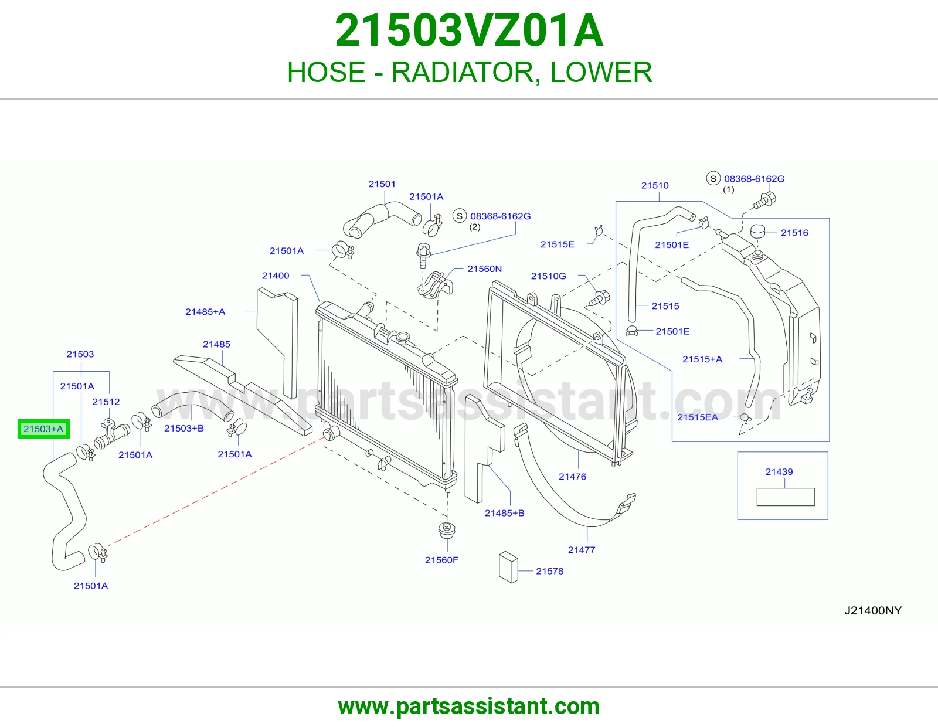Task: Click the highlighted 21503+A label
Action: point(43,429)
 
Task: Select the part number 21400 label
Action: point(276,276)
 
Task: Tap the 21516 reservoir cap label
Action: point(794,233)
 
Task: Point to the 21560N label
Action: point(484,269)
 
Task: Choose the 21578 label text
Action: point(549,571)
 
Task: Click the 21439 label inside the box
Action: point(779,472)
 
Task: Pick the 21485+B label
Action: point(504,513)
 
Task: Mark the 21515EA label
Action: point(698,417)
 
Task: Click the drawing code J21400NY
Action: point(873,610)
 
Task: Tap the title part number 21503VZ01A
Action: point(469,30)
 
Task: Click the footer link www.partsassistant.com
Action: point(469,706)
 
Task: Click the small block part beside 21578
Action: point(508,568)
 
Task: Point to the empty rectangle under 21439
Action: point(785,497)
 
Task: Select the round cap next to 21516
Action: point(757,231)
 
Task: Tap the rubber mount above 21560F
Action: point(447,530)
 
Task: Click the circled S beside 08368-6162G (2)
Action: point(459,216)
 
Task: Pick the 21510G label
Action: point(548,276)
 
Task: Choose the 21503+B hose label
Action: point(184,428)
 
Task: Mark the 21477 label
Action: point(582,549)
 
